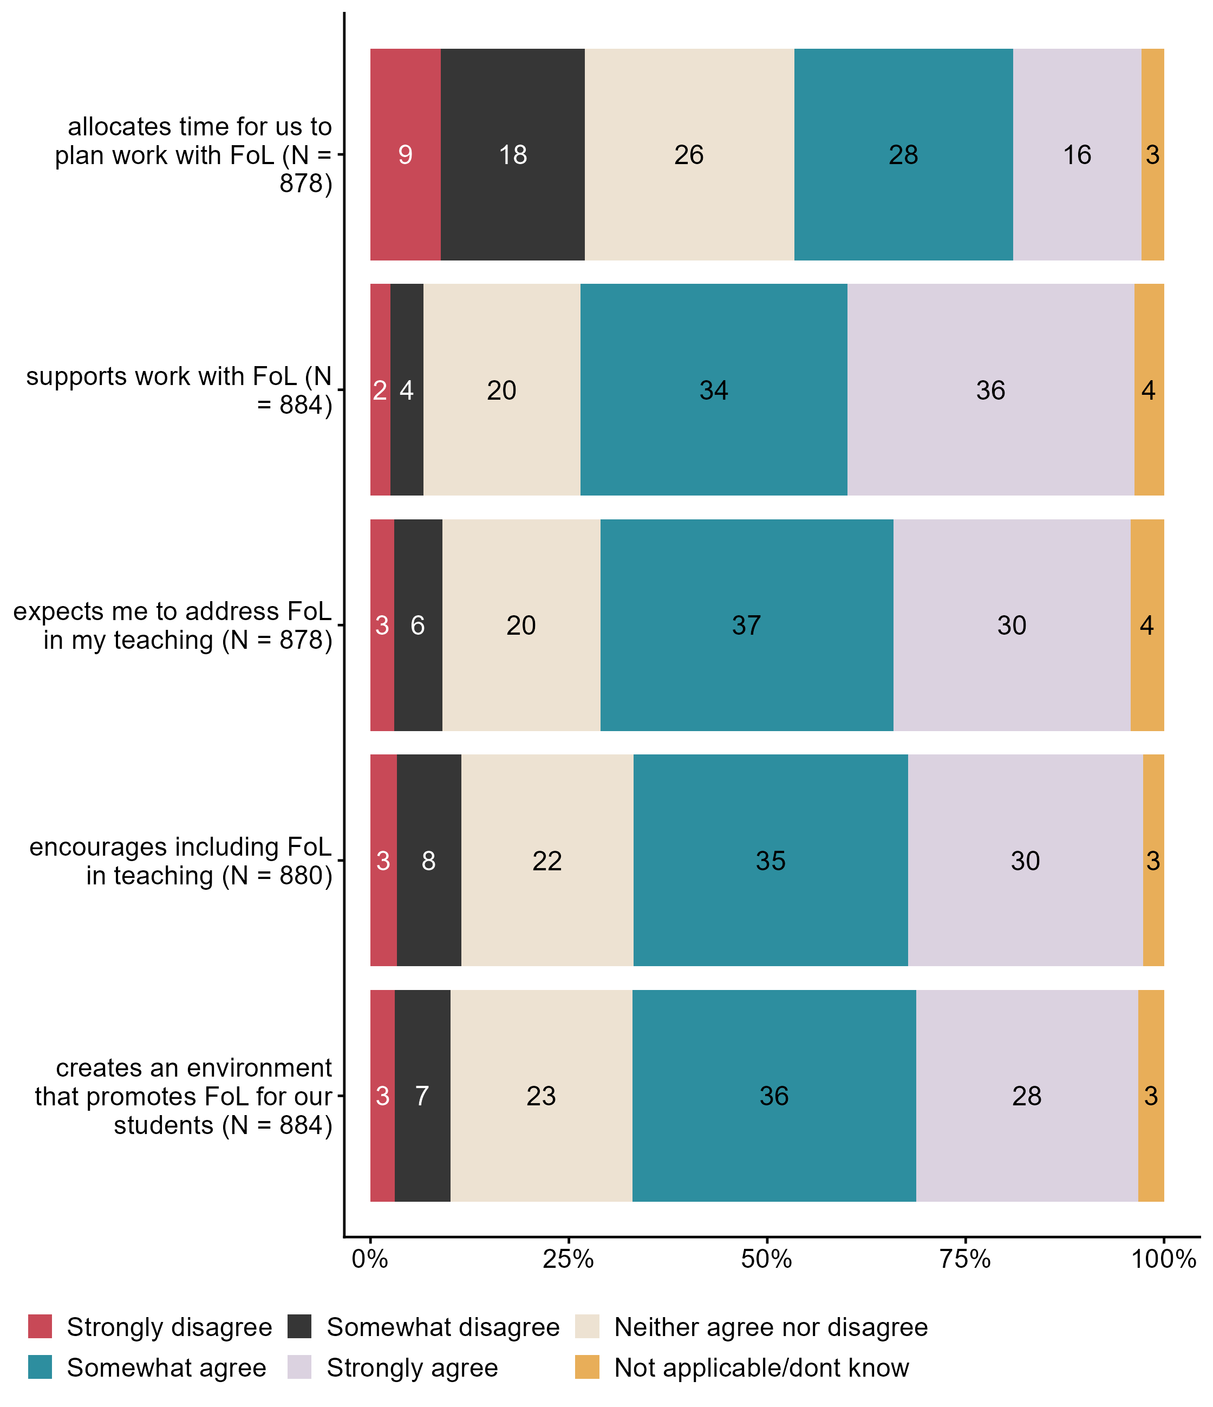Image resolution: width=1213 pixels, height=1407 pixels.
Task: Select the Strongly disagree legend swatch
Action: coord(40,1326)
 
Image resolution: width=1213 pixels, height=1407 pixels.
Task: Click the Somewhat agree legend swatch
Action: coord(40,1367)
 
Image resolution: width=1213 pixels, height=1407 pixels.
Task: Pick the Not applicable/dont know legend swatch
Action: coord(587,1367)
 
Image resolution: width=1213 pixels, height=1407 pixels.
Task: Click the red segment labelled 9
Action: coord(406,155)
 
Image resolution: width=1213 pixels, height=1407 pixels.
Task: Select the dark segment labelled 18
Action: coord(513,155)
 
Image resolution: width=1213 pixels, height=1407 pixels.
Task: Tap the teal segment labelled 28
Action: coord(903,155)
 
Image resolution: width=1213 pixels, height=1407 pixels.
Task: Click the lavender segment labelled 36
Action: coord(990,390)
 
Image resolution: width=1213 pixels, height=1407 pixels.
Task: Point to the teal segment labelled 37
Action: coord(746,625)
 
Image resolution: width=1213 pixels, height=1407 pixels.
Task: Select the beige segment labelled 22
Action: coord(547,861)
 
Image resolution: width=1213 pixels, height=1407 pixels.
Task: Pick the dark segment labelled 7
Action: coord(422,1095)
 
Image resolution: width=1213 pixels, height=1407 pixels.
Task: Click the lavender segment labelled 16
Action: coord(1077,155)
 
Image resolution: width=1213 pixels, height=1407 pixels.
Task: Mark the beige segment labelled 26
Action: coord(689,155)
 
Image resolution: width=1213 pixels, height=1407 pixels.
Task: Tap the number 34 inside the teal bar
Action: coord(714,390)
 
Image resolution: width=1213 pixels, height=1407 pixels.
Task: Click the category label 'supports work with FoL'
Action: coord(179,390)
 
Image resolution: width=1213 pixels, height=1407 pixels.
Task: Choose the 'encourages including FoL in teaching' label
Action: coord(180,861)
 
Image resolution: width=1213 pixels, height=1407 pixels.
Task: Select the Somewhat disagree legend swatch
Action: coord(299,1326)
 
